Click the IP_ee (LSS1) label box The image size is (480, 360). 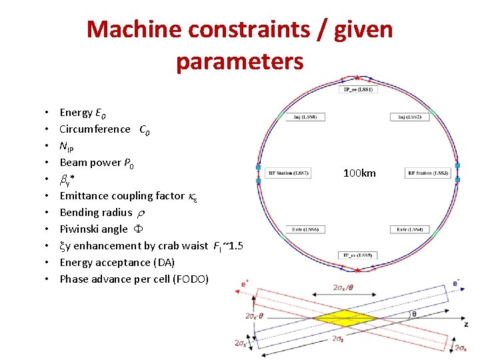point(358,89)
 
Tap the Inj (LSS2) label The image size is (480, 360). point(410,117)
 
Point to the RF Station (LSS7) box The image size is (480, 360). point(288,173)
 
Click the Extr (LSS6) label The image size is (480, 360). point(305,229)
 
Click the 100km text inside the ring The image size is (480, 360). point(359,173)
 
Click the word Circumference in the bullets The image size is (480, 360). point(95,129)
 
